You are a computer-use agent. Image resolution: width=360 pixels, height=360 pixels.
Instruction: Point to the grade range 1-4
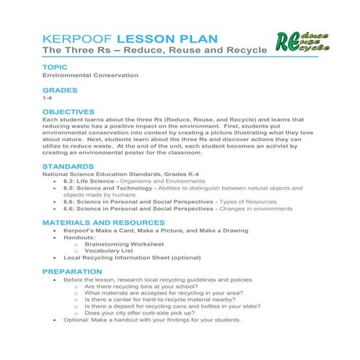tap(47, 97)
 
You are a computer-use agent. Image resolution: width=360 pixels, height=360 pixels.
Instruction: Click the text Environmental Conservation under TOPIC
tap(89, 75)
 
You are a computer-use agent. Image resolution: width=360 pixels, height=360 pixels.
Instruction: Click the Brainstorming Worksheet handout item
tap(128, 244)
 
